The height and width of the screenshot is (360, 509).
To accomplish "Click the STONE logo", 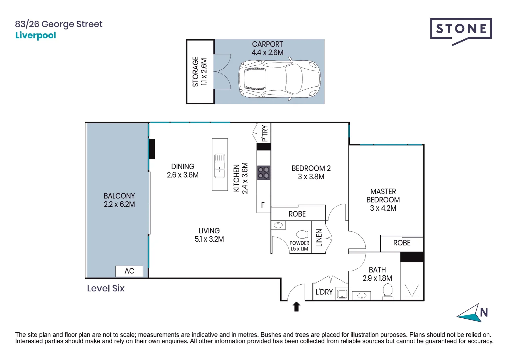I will point(461,29).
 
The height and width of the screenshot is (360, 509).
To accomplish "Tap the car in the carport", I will point(279,80).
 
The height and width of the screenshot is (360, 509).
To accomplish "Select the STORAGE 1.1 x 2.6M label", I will point(200,72).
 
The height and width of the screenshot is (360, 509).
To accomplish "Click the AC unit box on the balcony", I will point(129,271).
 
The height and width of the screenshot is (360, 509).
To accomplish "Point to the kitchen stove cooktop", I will point(263,173).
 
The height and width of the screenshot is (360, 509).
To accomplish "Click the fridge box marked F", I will point(263,205).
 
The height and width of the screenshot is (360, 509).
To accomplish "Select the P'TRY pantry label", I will point(265,133).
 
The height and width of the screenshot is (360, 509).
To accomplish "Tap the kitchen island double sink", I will point(220,166).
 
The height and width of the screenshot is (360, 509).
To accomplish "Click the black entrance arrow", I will point(296,306).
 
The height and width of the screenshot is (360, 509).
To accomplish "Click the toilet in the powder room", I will point(302,234).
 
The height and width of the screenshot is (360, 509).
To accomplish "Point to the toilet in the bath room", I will point(387,291).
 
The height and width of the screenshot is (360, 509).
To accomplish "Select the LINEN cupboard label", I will point(319,238).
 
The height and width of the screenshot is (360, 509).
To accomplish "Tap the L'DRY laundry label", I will point(324,292).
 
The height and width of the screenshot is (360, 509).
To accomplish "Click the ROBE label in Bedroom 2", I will point(297,214).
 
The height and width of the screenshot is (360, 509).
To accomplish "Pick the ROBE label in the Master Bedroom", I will point(402,243).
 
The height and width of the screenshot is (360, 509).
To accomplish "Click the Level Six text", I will point(106,288).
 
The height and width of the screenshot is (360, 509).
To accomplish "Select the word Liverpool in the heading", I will point(36,35).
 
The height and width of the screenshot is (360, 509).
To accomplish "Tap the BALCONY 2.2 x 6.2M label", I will point(119,200).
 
